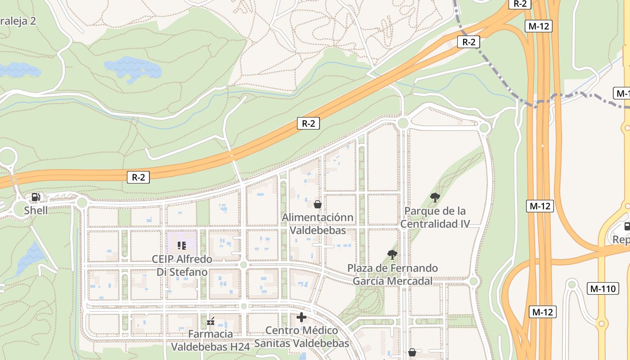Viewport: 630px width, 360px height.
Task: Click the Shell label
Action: (x=36, y=210)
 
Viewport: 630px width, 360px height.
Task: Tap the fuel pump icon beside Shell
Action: (x=36, y=197)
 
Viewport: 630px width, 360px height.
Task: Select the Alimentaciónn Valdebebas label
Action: (x=318, y=224)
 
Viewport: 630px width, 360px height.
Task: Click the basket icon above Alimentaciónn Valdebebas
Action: (x=318, y=205)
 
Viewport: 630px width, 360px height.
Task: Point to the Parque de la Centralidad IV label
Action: (x=435, y=217)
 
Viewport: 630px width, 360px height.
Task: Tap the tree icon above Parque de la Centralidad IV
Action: (x=435, y=197)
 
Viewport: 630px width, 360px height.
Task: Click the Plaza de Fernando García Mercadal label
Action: (x=392, y=274)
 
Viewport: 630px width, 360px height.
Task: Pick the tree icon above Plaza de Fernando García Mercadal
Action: (x=392, y=255)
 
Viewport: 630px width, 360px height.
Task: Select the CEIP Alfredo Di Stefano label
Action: (x=182, y=265)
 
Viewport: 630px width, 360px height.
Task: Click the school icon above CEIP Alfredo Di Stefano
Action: (x=182, y=245)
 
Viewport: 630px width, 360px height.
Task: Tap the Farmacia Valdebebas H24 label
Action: (x=211, y=340)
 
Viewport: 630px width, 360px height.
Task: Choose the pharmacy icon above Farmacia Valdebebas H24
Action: (x=211, y=321)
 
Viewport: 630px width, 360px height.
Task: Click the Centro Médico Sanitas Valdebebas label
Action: (x=301, y=337)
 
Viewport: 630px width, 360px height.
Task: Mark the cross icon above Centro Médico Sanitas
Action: (x=301, y=317)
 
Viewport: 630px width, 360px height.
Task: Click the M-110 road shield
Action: (x=603, y=288)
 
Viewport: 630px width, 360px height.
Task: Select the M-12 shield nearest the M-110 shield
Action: (x=543, y=312)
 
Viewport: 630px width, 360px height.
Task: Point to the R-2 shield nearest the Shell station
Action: (x=138, y=177)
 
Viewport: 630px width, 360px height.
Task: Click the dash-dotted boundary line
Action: (x=495, y=79)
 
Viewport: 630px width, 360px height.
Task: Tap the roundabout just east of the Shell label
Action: (x=81, y=202)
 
